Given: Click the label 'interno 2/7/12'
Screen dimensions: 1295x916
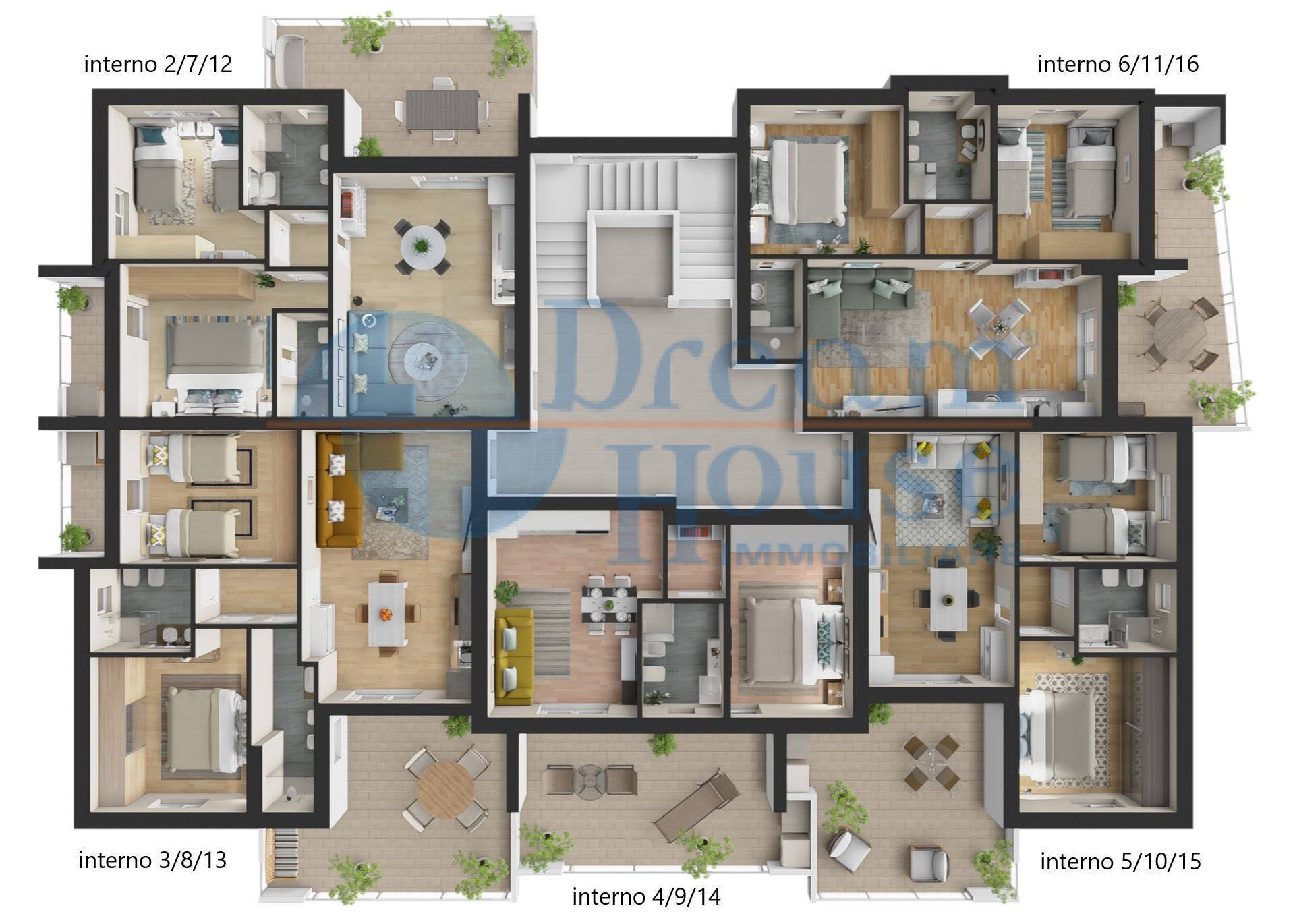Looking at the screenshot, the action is pyautogui.click(x=158, y=64).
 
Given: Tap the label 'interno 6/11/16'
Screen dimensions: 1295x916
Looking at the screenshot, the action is pyautogui.click(x=1118, y=64).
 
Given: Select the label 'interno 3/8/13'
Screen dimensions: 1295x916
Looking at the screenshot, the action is pyautogui.click(x=152, y=861).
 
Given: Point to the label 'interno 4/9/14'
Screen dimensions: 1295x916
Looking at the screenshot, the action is pyautogui.click(x=646, y=897).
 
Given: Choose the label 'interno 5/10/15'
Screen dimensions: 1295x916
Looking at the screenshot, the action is pyautogui.click(x=1120, y=861).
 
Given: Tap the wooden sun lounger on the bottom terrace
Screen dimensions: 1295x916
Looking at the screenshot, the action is pyautogui.click(x=696, y=807).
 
